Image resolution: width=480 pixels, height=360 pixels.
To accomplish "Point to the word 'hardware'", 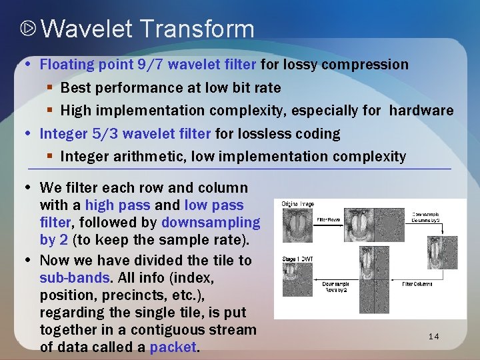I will point(421,110).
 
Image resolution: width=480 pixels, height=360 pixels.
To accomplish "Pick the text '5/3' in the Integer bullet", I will point(106,133).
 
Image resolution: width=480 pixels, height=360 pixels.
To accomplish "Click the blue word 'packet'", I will point(173,347).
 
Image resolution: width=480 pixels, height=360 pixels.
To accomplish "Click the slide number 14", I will point(433,337).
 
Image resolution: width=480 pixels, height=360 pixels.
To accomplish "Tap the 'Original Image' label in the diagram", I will point(297,204).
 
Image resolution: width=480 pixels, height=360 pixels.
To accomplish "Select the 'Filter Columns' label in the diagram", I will point(417,284).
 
